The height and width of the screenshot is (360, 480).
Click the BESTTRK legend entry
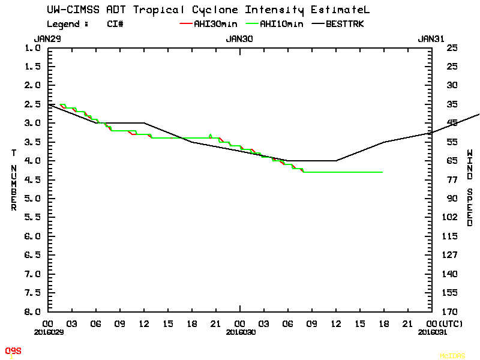pyautogui.click(x=344, y=24)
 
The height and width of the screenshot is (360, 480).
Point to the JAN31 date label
pyautogui.click(x=431, y=38)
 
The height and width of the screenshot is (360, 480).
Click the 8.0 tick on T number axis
pyautogui.click(x=33, y=311)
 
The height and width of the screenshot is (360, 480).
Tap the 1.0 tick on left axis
pyautogui.click(x=33, y=48)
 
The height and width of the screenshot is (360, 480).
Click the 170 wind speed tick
pyautogui.click(x=452, y=311)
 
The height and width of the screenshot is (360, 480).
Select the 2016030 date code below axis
pyautogui.click(x=239, y=331)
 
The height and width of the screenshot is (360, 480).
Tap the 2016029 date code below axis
pyautogui.click(x=49, y=331)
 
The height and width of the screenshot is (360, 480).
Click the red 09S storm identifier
pyautogui.click(x=13, y=350)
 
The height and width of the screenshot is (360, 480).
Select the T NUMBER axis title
pyautogui.click(x=13, y=180)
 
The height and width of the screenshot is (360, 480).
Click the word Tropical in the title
pyautogui.click(x=160, y=10)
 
